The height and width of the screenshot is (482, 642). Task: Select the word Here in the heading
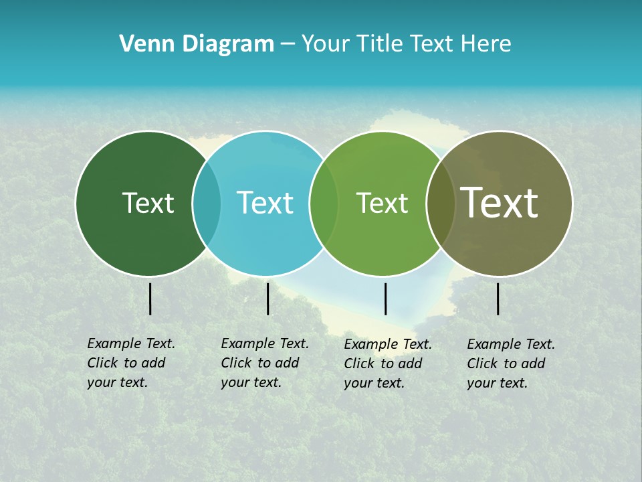tap(486, 44)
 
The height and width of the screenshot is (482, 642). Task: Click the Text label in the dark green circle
tap(148, 203)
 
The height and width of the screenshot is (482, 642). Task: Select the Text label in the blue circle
tap(265, 203)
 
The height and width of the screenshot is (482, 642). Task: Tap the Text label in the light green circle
tap(382, 203)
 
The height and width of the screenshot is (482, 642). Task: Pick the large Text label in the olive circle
tap(499, 202)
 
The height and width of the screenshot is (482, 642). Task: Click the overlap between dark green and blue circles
tap(207, 204)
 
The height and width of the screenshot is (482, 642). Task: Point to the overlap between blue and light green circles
tap(324, 204)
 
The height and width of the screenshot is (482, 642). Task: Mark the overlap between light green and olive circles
tap(440, 204)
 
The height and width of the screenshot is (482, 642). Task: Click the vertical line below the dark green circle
tap(150, 299)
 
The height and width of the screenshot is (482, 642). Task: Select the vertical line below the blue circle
tap(267, 299)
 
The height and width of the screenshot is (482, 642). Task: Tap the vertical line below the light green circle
tap(385, 299)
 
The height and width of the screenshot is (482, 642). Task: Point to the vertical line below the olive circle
tap(498, 299)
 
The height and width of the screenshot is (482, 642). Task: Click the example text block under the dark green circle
tap(130, 363)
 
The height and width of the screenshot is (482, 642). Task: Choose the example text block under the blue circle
tap(264, 363)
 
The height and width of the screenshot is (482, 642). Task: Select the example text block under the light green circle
tap(387, 364)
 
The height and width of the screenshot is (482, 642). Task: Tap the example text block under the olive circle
tap(510, 364)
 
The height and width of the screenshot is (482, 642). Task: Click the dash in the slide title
tap(288, 45)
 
